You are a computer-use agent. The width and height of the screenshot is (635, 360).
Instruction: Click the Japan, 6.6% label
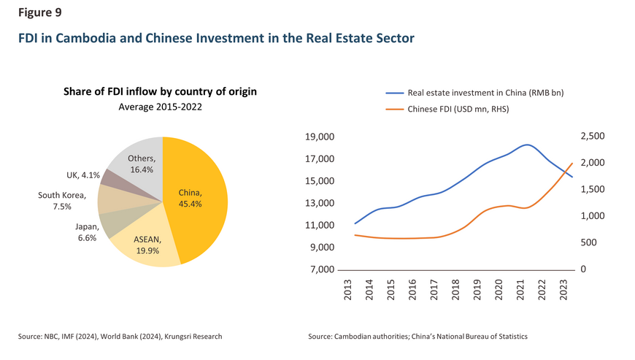pos(87,233)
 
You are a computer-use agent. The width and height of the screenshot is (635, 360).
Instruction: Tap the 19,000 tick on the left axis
pos(319,137)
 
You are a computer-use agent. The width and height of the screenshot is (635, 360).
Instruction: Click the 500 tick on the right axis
pos(589,242)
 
